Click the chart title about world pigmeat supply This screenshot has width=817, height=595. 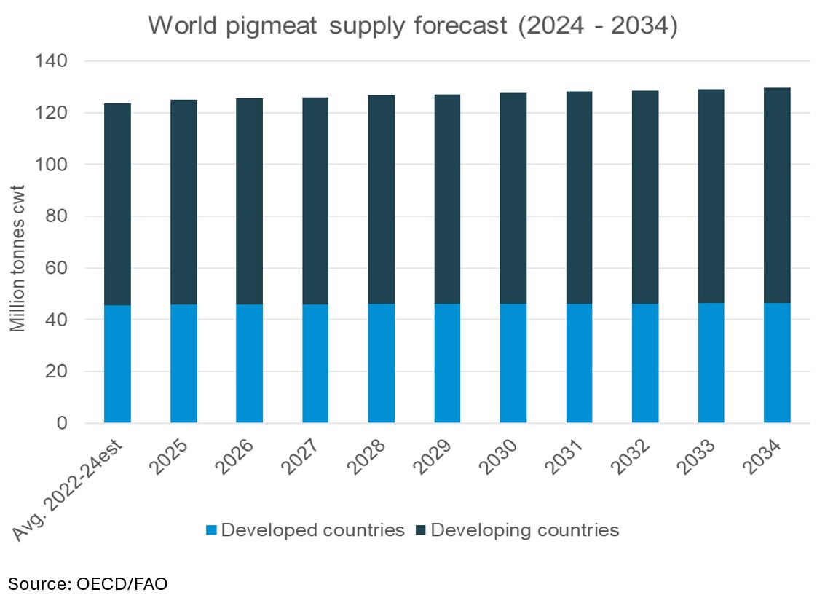coord(413,26)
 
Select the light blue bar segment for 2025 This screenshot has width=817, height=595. coord(183,363)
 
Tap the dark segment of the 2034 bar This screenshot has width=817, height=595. coord(777,195)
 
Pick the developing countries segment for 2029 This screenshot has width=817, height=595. coord(447,199)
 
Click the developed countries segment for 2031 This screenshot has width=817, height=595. coord(579,363)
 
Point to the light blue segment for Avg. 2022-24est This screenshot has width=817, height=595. coord(117,363)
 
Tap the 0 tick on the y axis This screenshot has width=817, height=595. coord(63,423)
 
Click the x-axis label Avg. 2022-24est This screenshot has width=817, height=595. coord(73,488)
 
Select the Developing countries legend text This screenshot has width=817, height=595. coord(524,530)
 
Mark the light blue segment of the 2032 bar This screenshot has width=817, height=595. coord(645,363)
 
